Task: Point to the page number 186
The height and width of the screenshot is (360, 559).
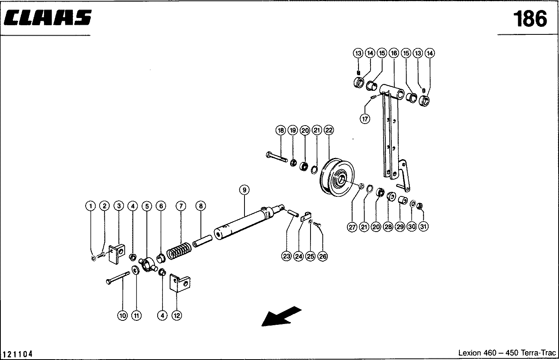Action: [x=530, y=19]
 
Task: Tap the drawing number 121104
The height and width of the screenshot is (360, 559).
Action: [x=18, y=354]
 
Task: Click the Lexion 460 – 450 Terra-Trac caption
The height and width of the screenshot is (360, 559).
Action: [x=507, y=353]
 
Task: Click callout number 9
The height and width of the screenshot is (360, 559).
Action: [x=244, y=189]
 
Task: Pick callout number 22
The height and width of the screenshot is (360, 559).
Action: [x=329, y=130]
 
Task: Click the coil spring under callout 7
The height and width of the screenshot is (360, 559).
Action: [x=179, y=251]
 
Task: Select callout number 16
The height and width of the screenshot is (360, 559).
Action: [x=393, y=53]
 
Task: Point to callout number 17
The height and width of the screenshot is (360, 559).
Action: [x=365, y=119]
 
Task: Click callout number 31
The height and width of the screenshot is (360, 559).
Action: [x=423, y=227]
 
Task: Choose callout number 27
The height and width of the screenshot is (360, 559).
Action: [x=352, y=227]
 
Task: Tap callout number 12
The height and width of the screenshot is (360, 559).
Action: [x=176, y=316]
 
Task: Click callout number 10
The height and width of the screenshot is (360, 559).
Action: [x=122, y=316]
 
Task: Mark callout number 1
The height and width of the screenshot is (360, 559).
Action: [x=91, y=206]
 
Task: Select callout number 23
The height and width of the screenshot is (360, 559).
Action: [x=286, y=256]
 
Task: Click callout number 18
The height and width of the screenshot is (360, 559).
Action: [x=281, y=130]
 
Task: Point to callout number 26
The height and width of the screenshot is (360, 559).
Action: [x=322, y=256]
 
